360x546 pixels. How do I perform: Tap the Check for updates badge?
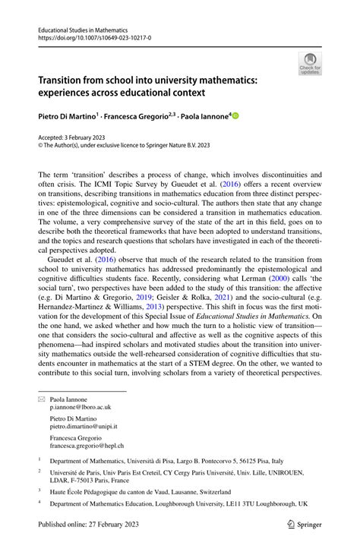click(309, 64)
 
